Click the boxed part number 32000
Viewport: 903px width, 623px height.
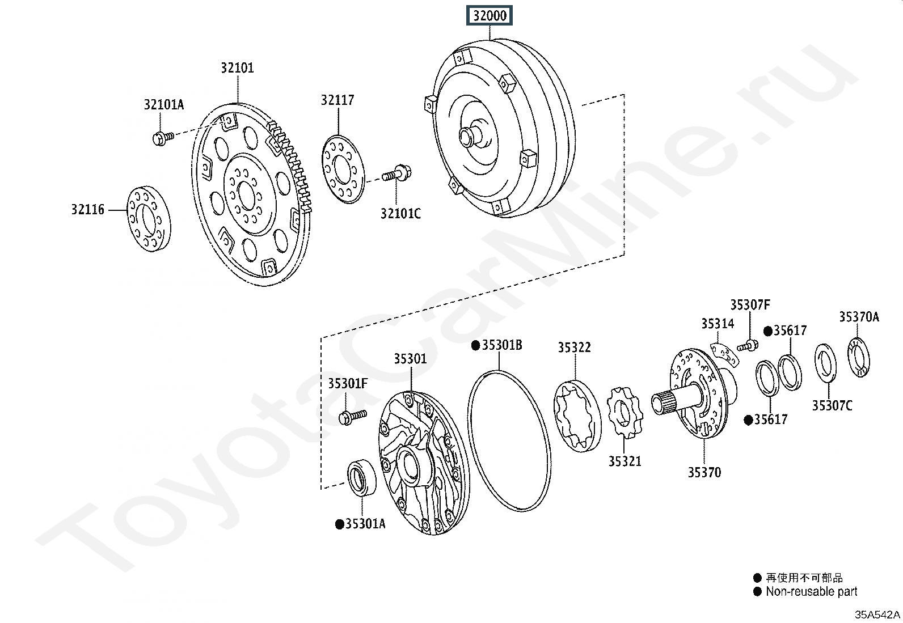coord(490,15)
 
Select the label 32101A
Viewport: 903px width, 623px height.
coord(164,104)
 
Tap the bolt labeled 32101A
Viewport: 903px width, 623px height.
coord(162,138)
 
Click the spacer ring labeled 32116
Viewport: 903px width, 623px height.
coord(149,219)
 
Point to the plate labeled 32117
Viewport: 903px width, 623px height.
coord(343,169)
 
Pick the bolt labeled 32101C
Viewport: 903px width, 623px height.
coord(397,174)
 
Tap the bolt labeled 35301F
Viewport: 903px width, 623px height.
coord(352,417)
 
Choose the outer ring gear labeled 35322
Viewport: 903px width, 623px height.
coord(577,416)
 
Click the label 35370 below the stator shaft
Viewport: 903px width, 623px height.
coord(704,472)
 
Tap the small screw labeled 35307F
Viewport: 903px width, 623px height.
coord(748,345)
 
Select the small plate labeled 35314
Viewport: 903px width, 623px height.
coord(724,355)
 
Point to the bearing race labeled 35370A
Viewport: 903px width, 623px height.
coord(859,358)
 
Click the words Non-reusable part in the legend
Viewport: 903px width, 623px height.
coord(812,591)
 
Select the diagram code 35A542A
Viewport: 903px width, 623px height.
coord(877,614)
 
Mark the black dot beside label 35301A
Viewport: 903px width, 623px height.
coord(340,524)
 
